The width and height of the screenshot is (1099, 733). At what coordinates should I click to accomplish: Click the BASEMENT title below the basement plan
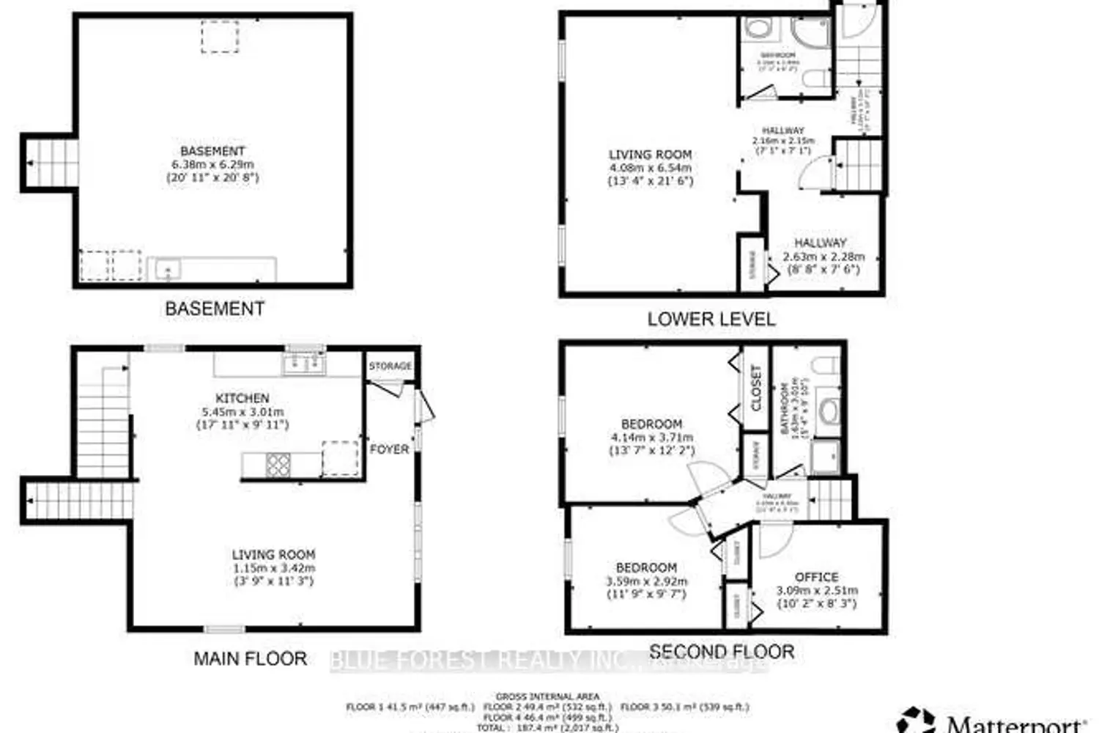coord(215,309)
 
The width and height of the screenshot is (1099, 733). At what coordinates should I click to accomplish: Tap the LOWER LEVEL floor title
coord(711,319)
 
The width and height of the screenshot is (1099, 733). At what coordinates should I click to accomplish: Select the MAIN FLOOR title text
coord(250,658)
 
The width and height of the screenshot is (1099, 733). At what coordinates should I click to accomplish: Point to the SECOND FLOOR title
coord(722,651)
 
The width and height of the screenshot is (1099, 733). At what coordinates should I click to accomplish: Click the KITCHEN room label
coord(243,398)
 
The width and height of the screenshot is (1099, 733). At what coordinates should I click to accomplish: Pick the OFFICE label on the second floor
coord(817,577)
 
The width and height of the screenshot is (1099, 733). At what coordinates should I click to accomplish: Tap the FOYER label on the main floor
coord(389,449)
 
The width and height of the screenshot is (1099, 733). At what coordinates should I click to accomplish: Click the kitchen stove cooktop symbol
coord(278,464)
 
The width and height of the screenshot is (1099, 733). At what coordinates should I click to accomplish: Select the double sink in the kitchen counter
coord(305,363)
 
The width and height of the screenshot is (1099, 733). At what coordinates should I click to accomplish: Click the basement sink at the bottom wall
coord(168,270)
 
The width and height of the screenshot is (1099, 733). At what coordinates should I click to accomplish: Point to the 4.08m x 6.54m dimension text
coord(650,168)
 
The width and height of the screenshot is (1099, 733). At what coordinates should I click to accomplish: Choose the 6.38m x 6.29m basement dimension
coord(212,164)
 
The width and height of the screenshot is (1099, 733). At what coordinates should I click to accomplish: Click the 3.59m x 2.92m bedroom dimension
coord(646,581)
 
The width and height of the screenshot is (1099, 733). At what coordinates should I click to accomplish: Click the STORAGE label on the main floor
coord(390,366)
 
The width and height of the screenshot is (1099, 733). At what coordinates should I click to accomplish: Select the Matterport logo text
coord(1015,724)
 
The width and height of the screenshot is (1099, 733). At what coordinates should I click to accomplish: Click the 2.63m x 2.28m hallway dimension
coord(824,257)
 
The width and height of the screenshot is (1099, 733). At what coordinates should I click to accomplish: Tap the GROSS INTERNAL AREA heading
coord(547,696)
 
